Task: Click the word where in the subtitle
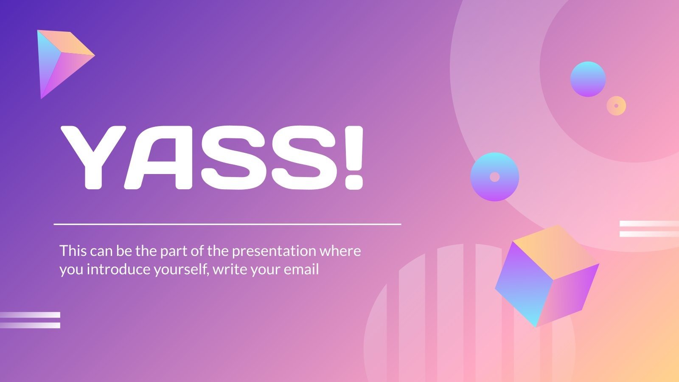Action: [340, 251]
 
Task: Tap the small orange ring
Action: [616, 106]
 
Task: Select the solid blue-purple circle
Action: [588, 79]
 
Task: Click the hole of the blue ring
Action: [495, 177]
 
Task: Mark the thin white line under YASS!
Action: [227, 224]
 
